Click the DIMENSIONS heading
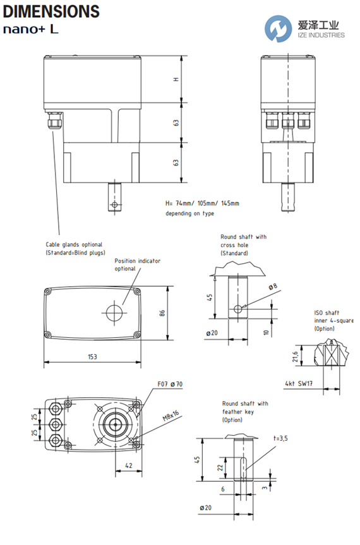pyautogui.click(x=51, y=11)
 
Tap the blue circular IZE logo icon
pyautogui.click(x=278, y=28)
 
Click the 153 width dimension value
pyautogui.click(x=92, y=357)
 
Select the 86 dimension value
pyautogui.click(x=162, y=313)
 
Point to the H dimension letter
pyautogui.click(x=176, y=79)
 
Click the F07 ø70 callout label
pyautogui.click(x=170, y=384)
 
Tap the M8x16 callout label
pyautogui.click(x=171, y=416)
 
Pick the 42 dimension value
pyautogui.click(x=129, y=465)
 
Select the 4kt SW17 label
pyautogui.click(x=299, y=383)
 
